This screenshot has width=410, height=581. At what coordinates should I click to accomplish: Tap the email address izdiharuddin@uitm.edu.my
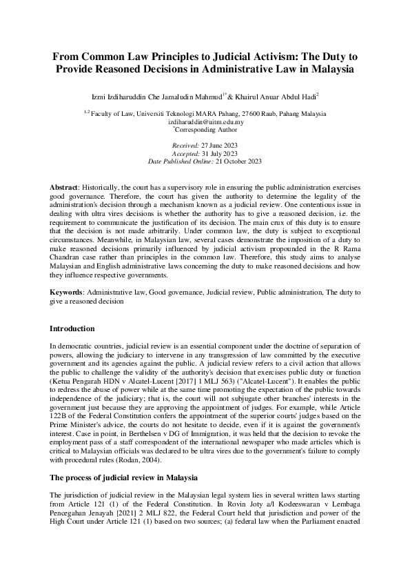205,120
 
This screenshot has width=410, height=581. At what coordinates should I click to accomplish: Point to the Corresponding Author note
206,128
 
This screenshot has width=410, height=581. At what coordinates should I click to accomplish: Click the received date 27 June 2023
218,146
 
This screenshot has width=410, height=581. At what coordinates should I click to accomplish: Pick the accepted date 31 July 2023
219,153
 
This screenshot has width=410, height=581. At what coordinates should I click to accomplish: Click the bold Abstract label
63,188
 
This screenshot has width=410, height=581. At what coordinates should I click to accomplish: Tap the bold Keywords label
67,293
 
